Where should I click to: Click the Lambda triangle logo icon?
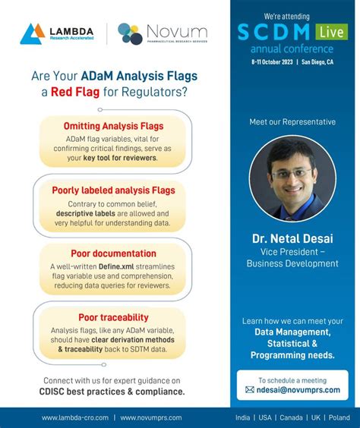coord(33,33)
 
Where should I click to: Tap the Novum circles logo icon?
coord(130,33)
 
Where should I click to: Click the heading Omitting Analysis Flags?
coord(113,126)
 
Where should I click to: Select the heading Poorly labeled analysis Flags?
coord(113,190)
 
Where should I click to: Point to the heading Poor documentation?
coord(113,253)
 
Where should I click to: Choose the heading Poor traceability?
coord(113,317)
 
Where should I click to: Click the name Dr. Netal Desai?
coord(292,239)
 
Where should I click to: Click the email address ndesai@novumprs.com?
coord(298,389)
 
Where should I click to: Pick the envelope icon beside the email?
coord(250,389)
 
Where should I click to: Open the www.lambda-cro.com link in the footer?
coord(75,417)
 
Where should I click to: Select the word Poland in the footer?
coord(339,417)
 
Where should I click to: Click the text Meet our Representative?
coord(292,121)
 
